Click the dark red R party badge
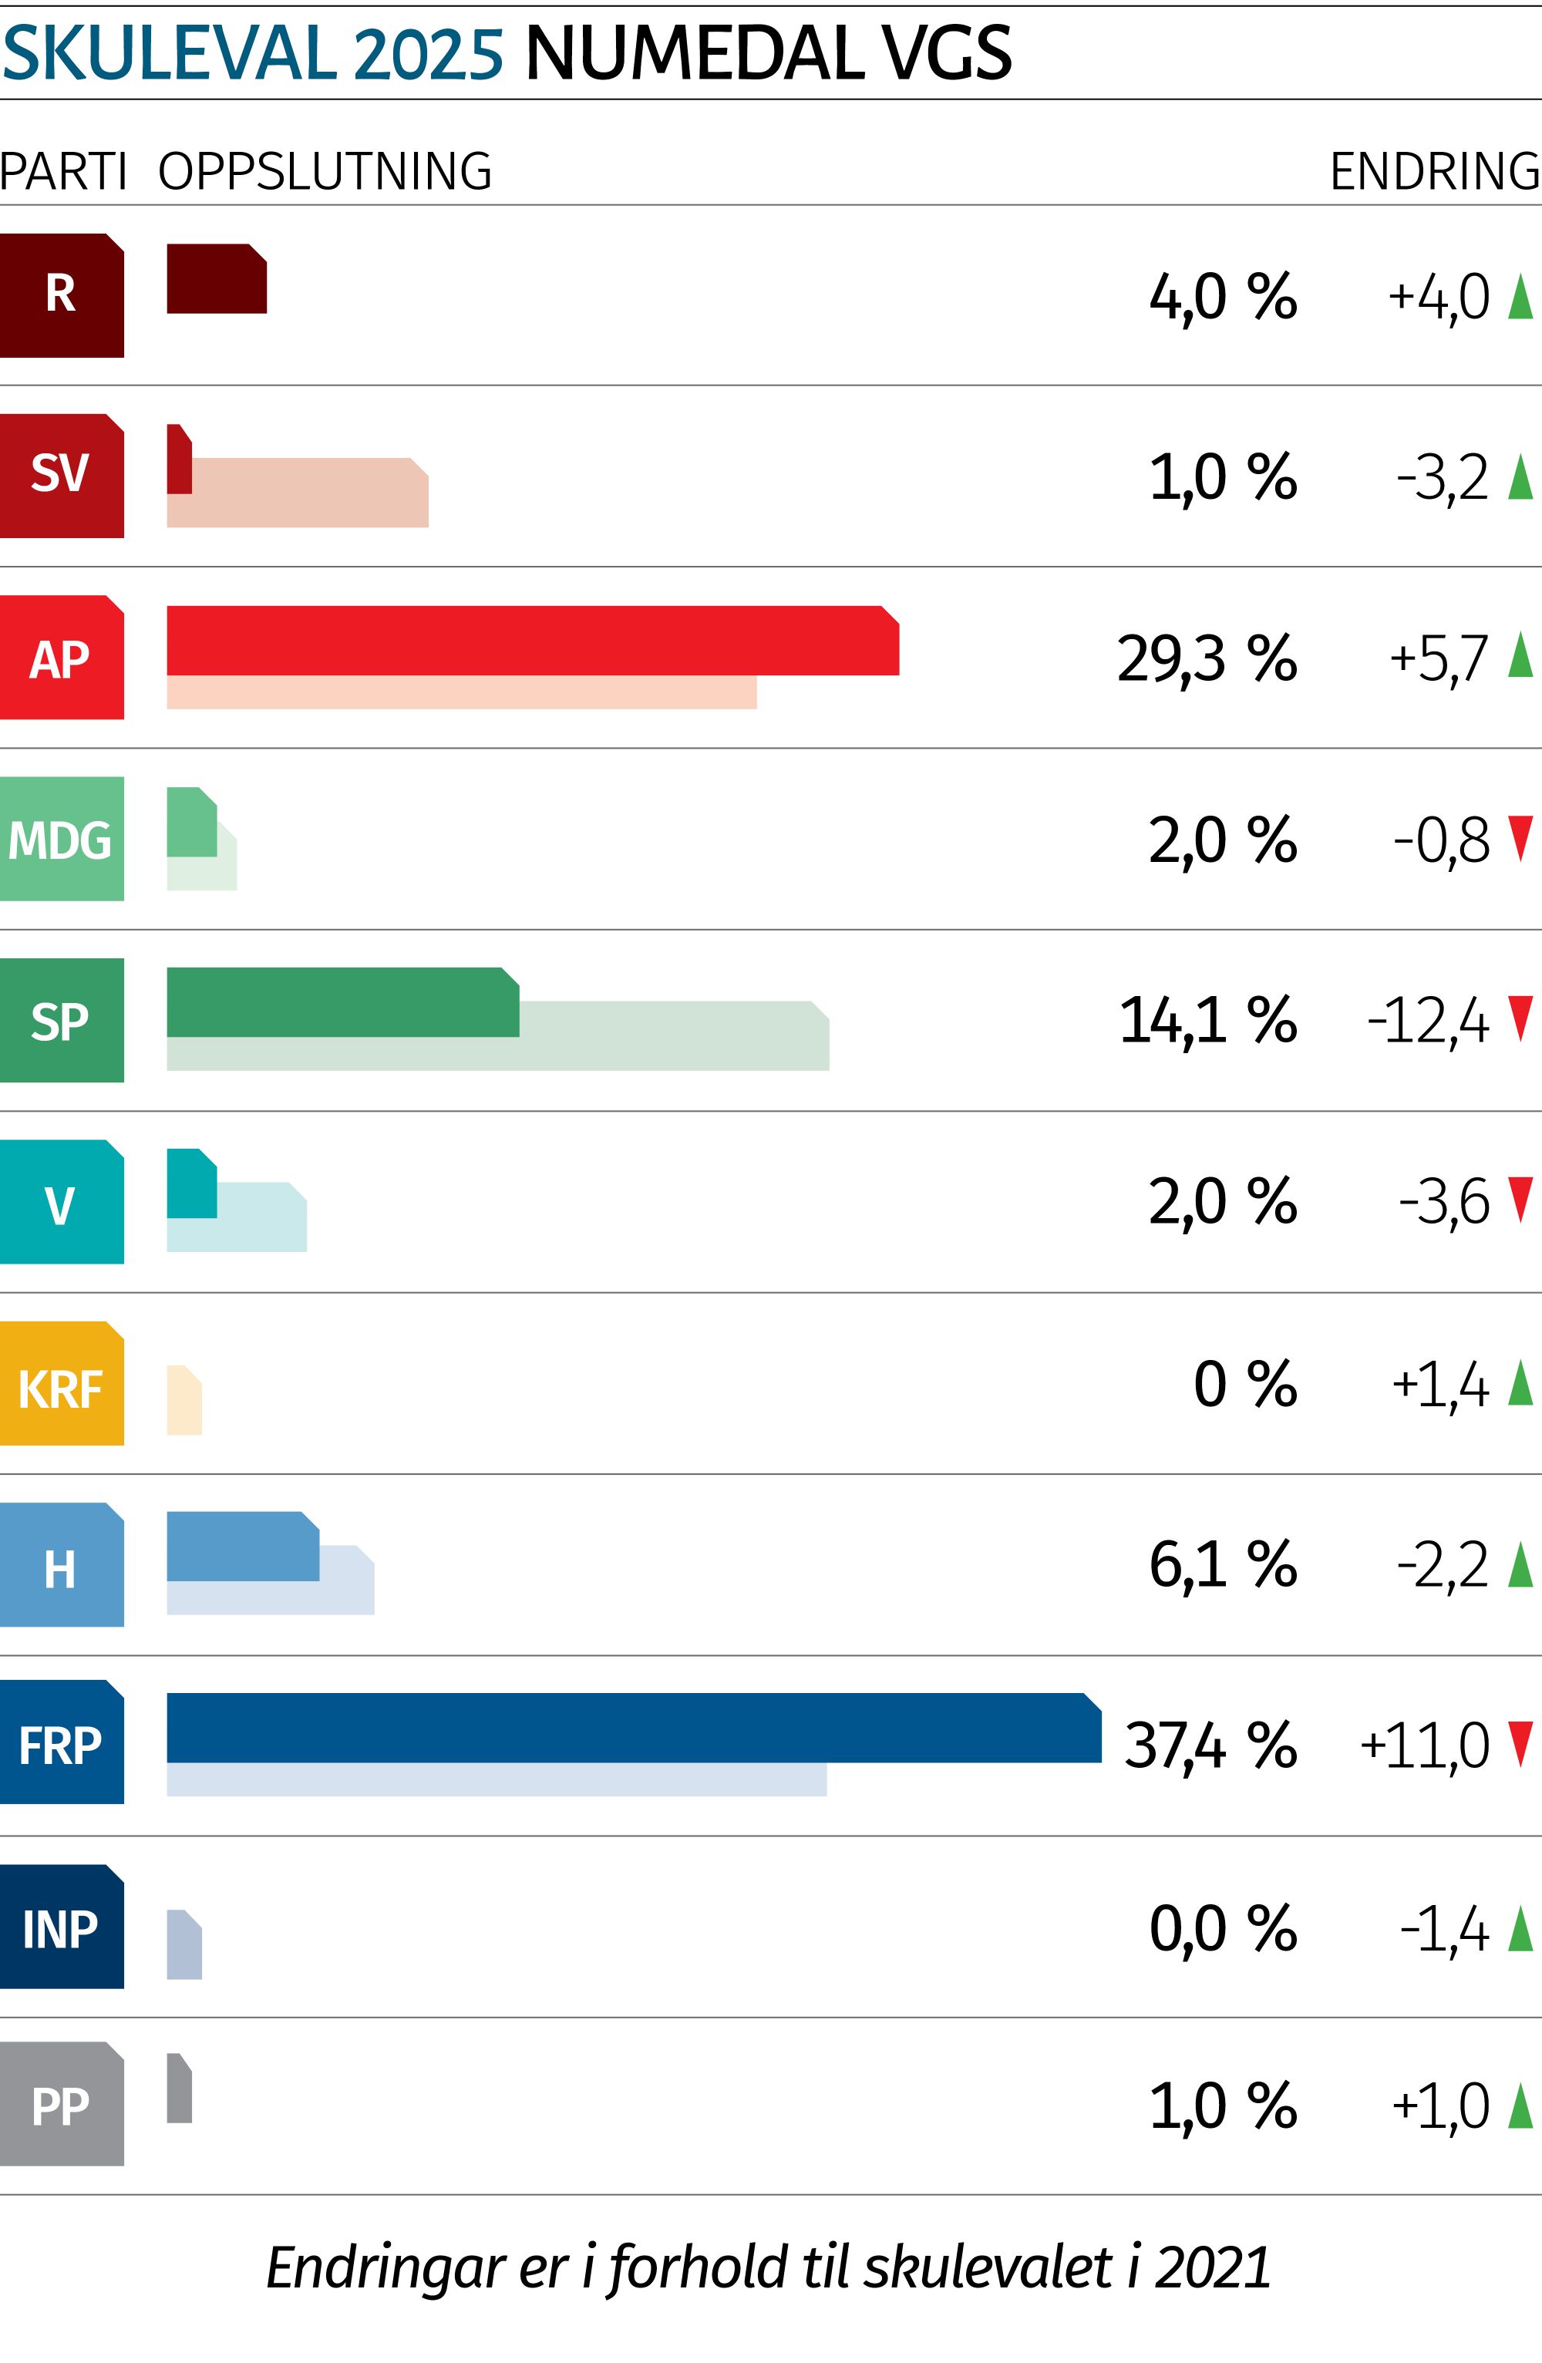[x=62, y=295]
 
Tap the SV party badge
[x=62, y=476]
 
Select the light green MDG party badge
[x=62, y=839]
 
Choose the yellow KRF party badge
[x=62, y=1383]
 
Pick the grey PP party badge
[x=62, y=2104]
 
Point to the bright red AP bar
[x=532, y=641]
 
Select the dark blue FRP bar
[x=634, y=1728]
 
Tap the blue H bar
[x=242, y=1547]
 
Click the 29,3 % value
[x=1207, y=658]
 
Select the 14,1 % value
[x=1207, y=1021]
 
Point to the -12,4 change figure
[x=1428, y=1021]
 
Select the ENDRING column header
[x=1435, y=172]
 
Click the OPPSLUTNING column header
[x=325, y=172]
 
